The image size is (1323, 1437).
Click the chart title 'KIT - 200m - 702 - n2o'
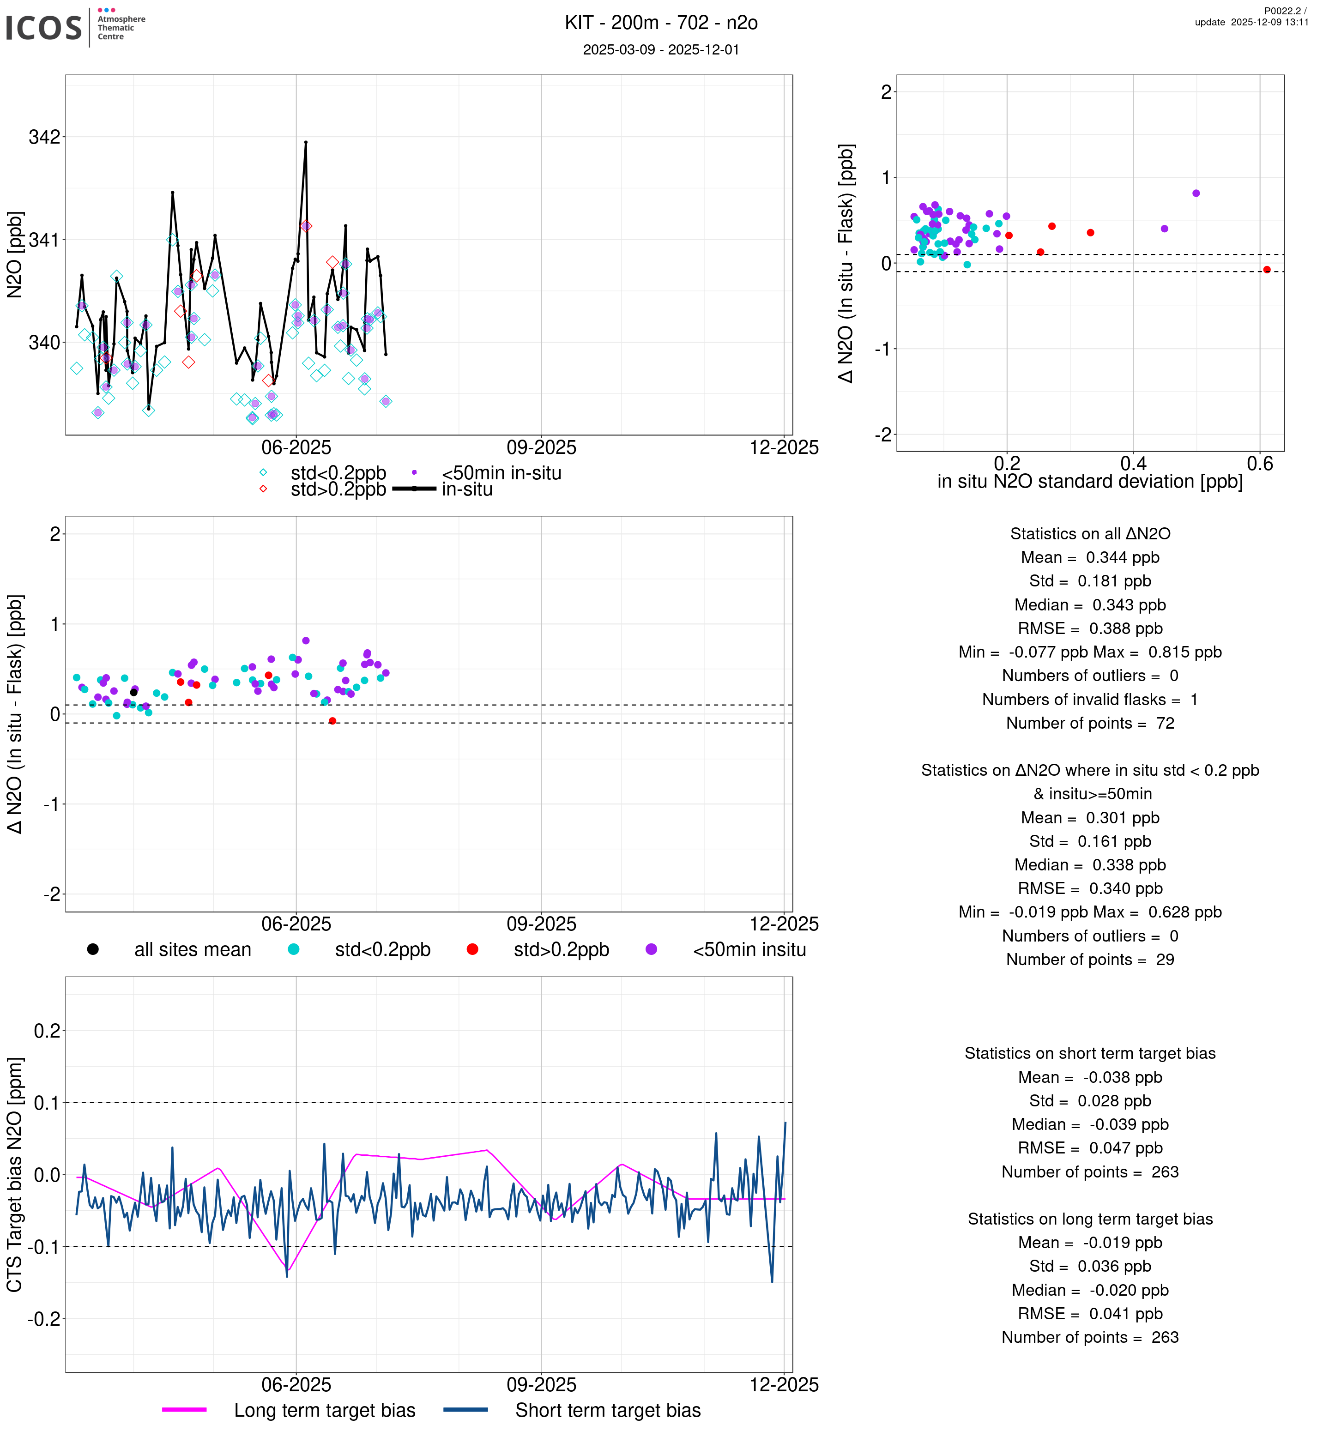(x=661, y=23)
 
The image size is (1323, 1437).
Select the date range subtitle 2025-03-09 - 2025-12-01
(x=661, y=49)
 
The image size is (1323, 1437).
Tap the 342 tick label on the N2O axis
(x=44, y=137)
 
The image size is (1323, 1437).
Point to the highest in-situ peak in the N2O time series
(x=306, y=143)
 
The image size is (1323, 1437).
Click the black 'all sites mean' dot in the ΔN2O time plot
(x=134, y=692)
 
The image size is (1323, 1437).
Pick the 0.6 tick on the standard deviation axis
(x=1260, y=464)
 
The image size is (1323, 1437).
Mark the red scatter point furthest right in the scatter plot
(x=1267, y=270)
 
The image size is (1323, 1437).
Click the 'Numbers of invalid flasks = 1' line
(x=1090, y=700)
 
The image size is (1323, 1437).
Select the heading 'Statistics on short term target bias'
(x=1090, y=1053)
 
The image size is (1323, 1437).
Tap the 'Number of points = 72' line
(x=1090, y=723)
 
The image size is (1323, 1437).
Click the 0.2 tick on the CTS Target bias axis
(x=47, y=1031)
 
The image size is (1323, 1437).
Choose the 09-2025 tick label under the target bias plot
(x=541, y=1385)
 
